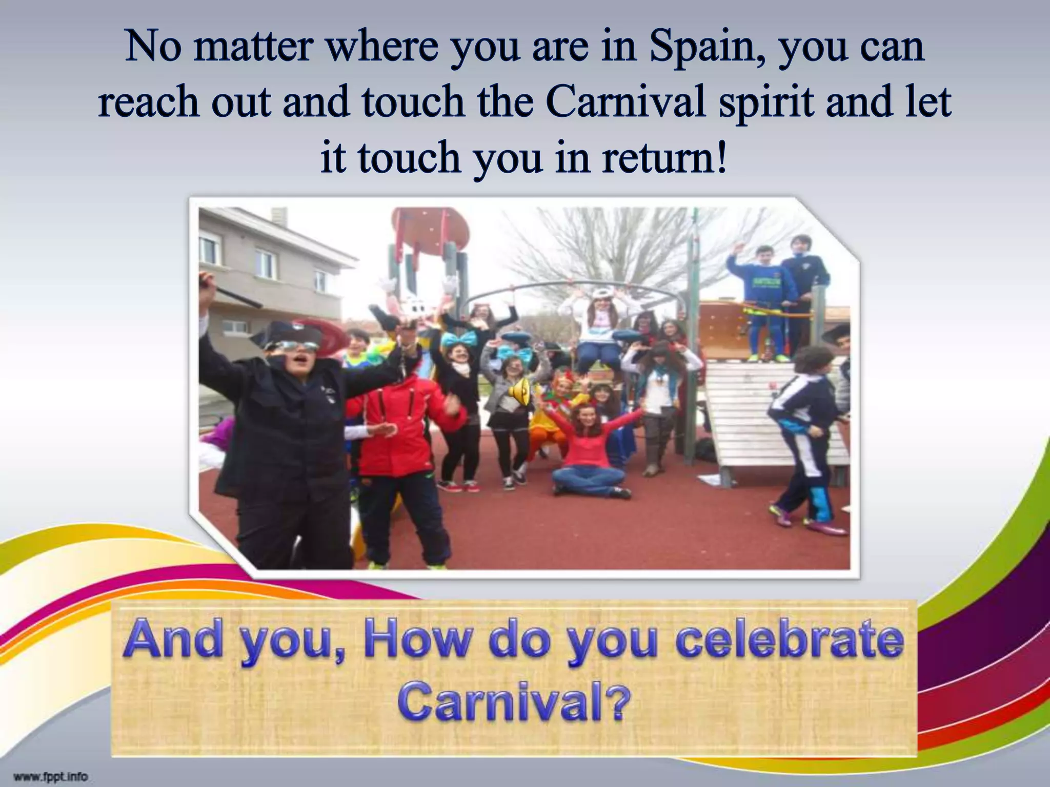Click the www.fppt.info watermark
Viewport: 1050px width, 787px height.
coord(51,776)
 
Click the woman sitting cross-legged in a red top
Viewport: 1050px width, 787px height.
coord(590,451)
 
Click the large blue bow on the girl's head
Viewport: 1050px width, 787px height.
coord(457,340)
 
